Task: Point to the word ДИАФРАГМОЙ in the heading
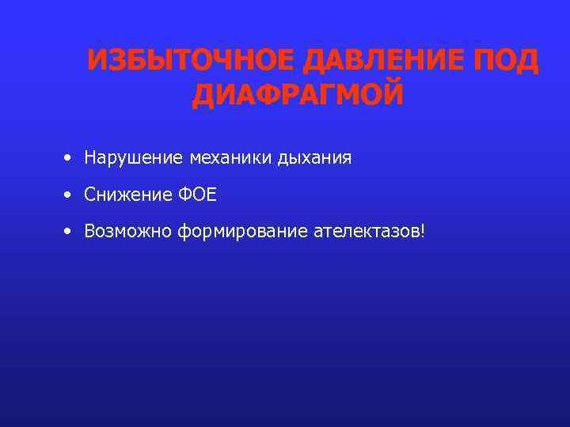click(298, 95)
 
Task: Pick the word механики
click(230, 158)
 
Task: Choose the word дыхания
click(314, 159)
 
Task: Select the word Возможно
click(128, 232)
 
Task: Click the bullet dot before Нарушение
click(69, 158)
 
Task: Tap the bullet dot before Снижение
click(69, 195)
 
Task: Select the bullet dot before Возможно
click(69, 231)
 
